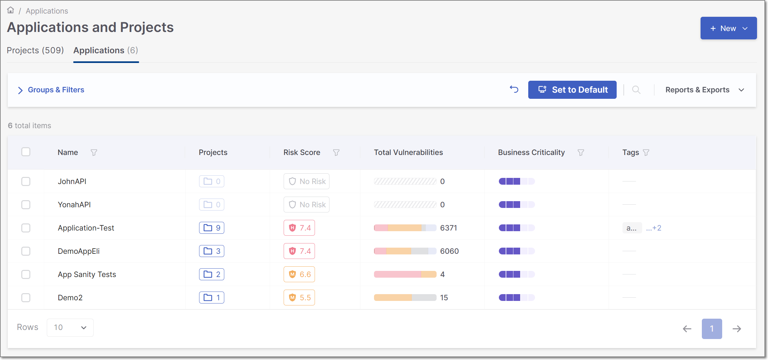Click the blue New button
coord(728,28)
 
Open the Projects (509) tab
coord(35,50)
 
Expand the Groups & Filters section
coord(51,90)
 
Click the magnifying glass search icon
coord(636,90)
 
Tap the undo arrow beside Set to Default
coord(514,89)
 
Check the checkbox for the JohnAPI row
coord(26,181)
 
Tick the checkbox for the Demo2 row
coord(26,298)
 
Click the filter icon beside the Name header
coord(94,152)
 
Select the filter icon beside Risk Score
coord(336,152)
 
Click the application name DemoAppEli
coord(79,251)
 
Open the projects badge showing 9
coord(212,228)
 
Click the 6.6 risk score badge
coord(299,274)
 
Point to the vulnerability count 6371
coord(449,228)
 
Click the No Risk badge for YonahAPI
coord(306,205)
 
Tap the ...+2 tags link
coord(653,228)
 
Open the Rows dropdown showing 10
coord(70,327)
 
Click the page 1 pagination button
coord(712,329)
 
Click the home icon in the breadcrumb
coord(11,10)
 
